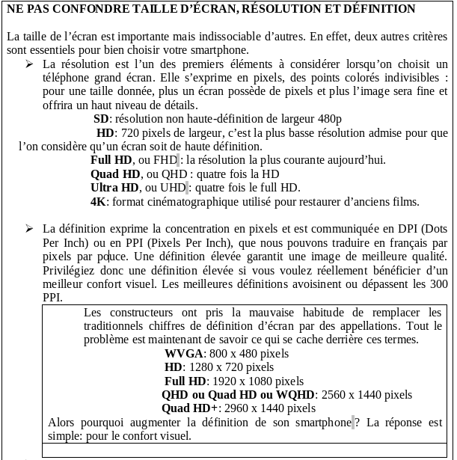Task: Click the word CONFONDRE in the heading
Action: (x=96, y=9)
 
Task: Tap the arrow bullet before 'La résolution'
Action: (x=28, y=64)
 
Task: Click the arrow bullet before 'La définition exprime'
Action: (x=28, y=228)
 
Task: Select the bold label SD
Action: (x=101, y=119)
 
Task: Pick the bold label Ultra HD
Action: (x=114, y=188)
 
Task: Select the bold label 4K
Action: (x=99, y=202)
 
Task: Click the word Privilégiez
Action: (x=73, y=270)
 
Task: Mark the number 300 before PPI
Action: (x=438, y=284)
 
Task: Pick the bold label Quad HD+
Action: (x=189, y=408)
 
